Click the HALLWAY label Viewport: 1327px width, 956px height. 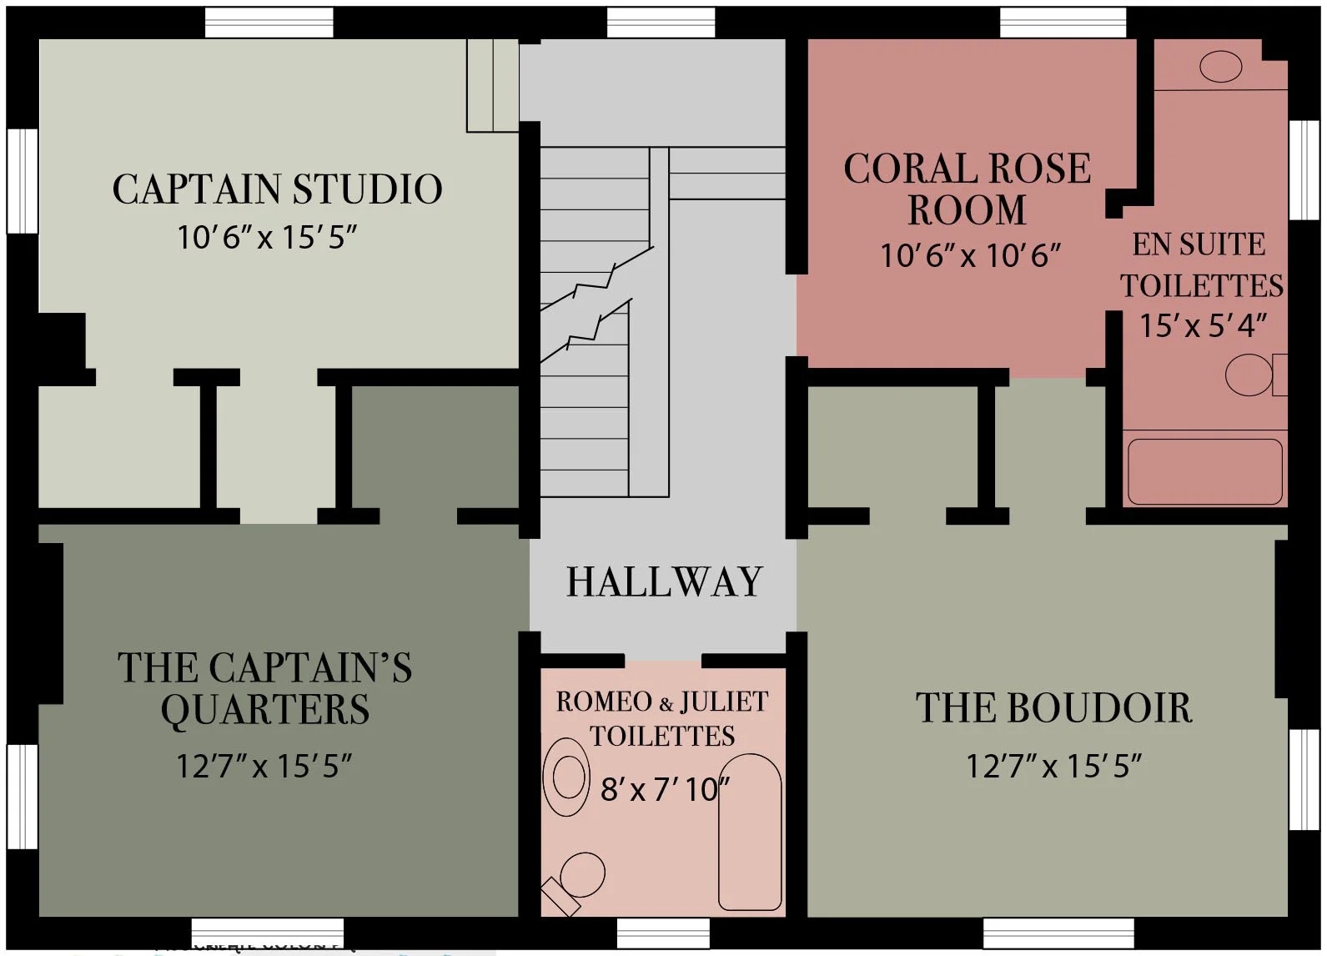664,582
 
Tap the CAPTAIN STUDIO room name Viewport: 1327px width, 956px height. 277,189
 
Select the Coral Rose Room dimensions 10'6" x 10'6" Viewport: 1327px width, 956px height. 970,255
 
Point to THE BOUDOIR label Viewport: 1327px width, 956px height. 1054,708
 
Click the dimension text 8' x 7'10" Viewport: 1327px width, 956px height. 665,788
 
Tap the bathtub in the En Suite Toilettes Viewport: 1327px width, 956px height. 1204,471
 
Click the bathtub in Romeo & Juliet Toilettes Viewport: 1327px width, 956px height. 750,832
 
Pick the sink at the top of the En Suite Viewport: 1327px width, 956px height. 1220,67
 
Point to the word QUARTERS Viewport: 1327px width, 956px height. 264,710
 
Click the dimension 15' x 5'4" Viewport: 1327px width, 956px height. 1203,325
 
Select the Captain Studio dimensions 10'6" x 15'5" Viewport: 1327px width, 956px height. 266,238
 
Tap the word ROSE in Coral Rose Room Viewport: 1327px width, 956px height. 1043,169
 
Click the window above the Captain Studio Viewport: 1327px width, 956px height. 269,23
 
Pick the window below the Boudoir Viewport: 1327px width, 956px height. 1058,933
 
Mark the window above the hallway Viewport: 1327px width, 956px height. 661,23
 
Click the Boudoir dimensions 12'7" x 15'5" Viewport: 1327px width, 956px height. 1053,766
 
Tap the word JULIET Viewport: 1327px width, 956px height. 724,702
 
